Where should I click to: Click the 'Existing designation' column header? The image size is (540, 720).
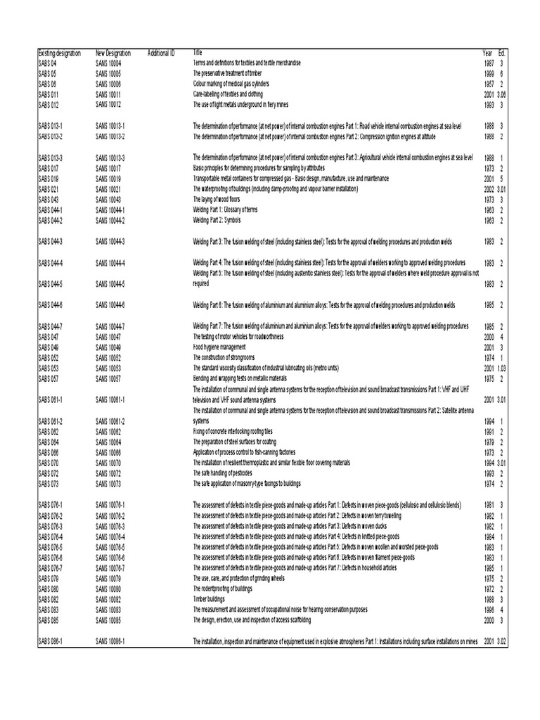tap(59, 53)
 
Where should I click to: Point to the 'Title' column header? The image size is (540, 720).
tap(197, 53)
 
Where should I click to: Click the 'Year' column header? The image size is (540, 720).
tap(487, 53)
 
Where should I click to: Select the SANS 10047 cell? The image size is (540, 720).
tap(108, 337)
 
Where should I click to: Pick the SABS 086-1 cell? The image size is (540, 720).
tap(50, 642)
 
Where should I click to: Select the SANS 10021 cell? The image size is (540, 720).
tap(108, 190)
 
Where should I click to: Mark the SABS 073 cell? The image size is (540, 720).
tap(47, 484)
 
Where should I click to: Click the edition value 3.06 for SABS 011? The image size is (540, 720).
tap(502, 93)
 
